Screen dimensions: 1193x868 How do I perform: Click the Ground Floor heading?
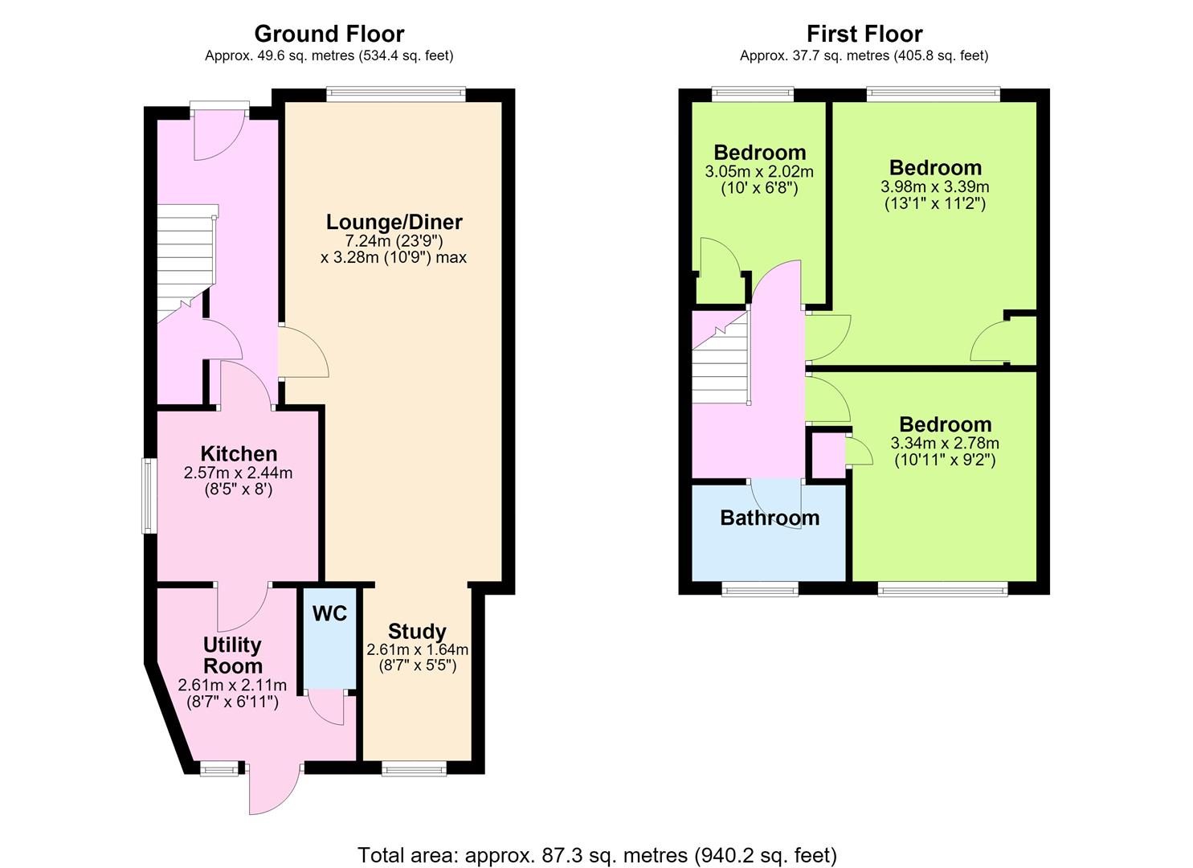tap(329, 34)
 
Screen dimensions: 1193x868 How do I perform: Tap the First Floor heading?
tap(864, 34)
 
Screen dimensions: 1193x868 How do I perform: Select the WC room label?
tap(329, 613)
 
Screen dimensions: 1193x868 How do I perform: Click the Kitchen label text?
tap(239, 453)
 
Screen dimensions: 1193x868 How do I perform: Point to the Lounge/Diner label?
tap(394, 222)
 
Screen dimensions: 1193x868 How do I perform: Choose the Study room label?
tap(417, 632)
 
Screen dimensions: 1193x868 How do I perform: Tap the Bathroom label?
tap(770, 518)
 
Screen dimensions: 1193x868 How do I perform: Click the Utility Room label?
tap(233, 655)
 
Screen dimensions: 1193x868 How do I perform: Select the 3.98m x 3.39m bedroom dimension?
tap(935, 187)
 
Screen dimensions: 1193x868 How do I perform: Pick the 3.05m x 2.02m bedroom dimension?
tap(759, 171)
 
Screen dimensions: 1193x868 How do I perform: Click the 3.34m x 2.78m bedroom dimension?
tap(945, 443)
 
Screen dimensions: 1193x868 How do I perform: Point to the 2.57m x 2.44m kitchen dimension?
tap(238, 473)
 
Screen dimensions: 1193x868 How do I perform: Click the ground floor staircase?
tap(186, 263)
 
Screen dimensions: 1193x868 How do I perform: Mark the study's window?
tap(414, 768)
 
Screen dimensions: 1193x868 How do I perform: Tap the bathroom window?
tap(760, 589)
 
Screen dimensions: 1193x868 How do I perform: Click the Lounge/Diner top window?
tap(396, 95)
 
